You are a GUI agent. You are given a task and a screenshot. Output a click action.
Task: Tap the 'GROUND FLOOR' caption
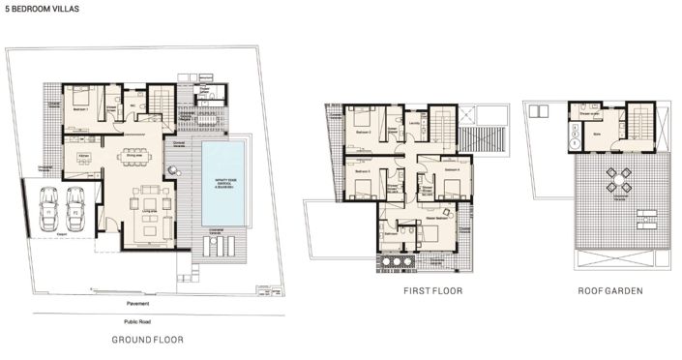pos(147,340)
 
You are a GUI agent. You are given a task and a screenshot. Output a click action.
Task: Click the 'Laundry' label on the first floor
pos(414,123)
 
